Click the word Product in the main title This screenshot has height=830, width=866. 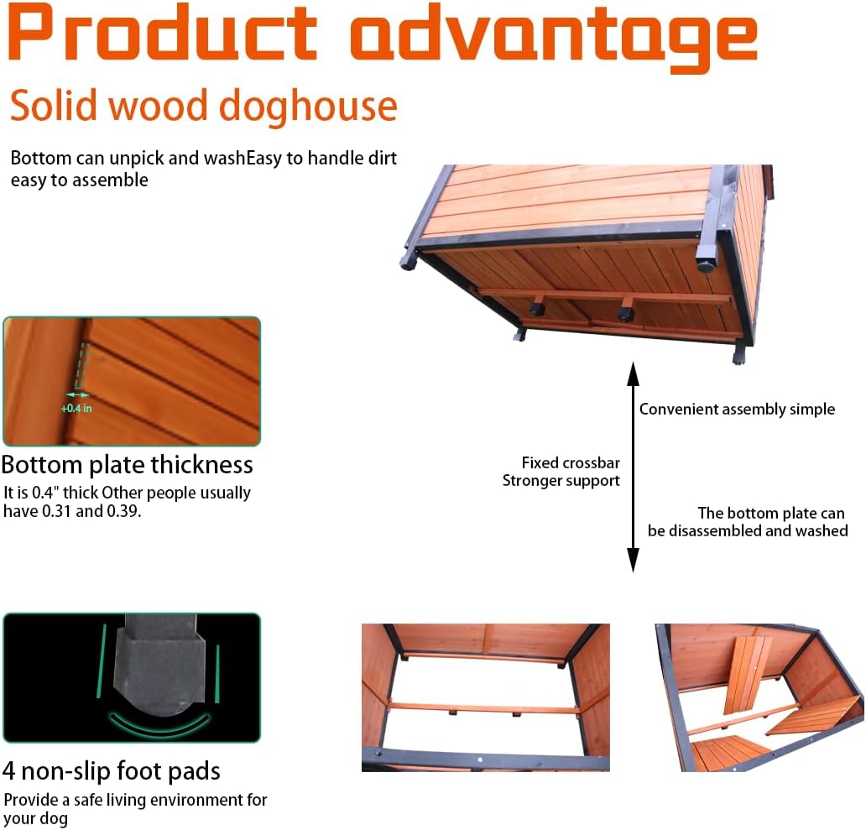[x=163, y=32]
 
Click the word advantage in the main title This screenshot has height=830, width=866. [x=553, y=38]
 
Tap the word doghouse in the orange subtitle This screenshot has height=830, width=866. [x=309, y=107]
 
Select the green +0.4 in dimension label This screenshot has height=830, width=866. [x=76, y=409]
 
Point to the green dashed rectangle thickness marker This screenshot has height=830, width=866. [x=81, y=366]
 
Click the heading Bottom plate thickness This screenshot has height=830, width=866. [x=127, y=465]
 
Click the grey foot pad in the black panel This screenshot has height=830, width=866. [x=160, y=666]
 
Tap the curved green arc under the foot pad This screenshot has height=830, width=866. [x=159, y=729]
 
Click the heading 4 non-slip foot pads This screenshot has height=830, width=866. [x=111, y=771]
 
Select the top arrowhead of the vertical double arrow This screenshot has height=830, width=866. [x=634, y=373]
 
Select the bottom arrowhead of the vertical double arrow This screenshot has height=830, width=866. [x=634, y=560]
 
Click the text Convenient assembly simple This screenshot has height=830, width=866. [x=737, y=410]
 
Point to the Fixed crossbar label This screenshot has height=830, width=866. [x=571, y=462]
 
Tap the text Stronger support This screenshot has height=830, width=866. [x=561, y=481]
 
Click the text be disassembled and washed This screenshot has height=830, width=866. [x=748, y=530]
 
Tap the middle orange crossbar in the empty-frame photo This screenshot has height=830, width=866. [x=485, y=707]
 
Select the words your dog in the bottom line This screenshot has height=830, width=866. [x=36, y=819]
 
